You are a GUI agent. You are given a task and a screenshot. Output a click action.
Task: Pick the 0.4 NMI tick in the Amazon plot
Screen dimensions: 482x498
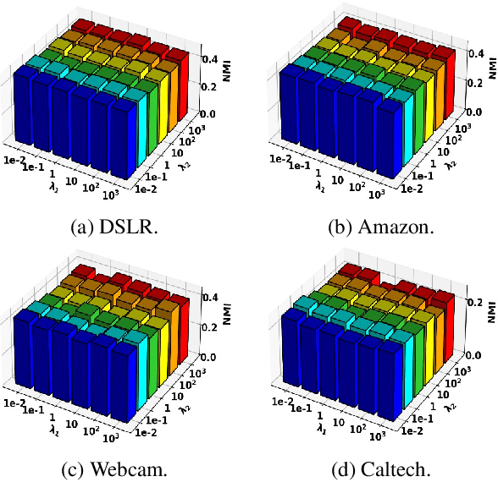pyautogui.click(x=465, y=52)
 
